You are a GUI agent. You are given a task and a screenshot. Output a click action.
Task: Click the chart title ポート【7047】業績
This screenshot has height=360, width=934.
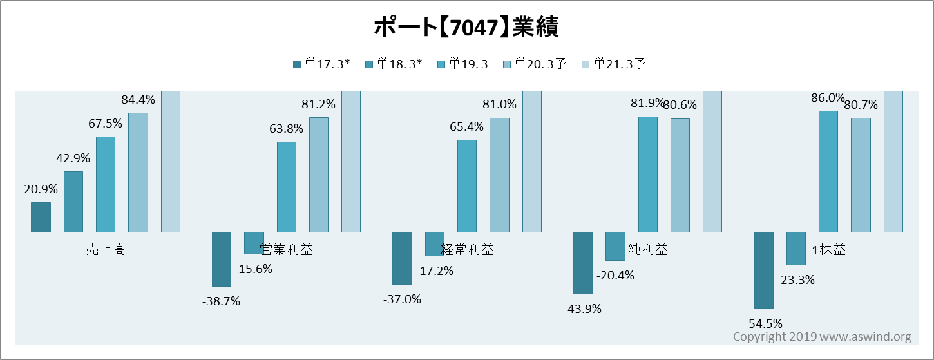[x=466, y=28]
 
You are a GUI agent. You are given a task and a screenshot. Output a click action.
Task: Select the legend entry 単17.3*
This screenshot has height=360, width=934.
[x=321, y=64]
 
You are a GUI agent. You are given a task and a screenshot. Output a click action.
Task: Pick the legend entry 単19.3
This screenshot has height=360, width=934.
[x=463, y=64]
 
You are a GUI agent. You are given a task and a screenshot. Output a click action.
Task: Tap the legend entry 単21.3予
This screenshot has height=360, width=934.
[x=613, y=64]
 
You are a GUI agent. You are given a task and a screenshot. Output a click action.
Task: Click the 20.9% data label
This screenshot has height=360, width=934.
[x=41, y=189]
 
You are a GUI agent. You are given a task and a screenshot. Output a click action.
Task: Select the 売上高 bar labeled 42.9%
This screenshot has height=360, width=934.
[x=73, y=202]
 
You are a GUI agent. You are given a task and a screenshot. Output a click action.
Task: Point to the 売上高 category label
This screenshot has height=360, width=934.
[x=106, y=250]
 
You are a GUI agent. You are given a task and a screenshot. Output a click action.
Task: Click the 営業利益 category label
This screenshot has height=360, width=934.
[x=287, y=250]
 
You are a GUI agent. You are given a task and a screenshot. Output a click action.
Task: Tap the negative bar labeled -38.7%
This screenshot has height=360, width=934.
[x=222, y=259]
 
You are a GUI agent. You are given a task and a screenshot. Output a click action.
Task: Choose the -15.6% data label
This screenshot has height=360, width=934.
[x=254, y=269]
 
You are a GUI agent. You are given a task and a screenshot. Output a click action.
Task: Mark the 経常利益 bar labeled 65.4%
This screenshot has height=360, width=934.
[x=467, y=186]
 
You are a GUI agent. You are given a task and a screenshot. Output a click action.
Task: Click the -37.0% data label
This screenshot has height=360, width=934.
[x=403, y=299]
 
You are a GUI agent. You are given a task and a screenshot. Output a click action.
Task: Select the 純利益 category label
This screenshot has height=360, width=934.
[x=648, y=250]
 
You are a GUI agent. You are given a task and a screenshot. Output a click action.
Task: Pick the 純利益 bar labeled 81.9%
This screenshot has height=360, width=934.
[x=648, y=175]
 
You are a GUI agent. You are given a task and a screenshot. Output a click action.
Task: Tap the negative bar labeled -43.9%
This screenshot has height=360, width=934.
[x=583, y=263]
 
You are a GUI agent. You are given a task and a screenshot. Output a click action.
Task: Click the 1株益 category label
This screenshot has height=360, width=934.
[x=828, y=250]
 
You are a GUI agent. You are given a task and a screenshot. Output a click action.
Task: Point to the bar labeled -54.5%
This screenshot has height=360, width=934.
[x=764, y=270]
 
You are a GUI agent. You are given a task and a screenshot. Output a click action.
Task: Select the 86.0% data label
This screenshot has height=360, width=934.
[x=828, y=98]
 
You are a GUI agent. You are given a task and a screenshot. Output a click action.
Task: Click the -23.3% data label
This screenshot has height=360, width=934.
[x=796, y=280]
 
